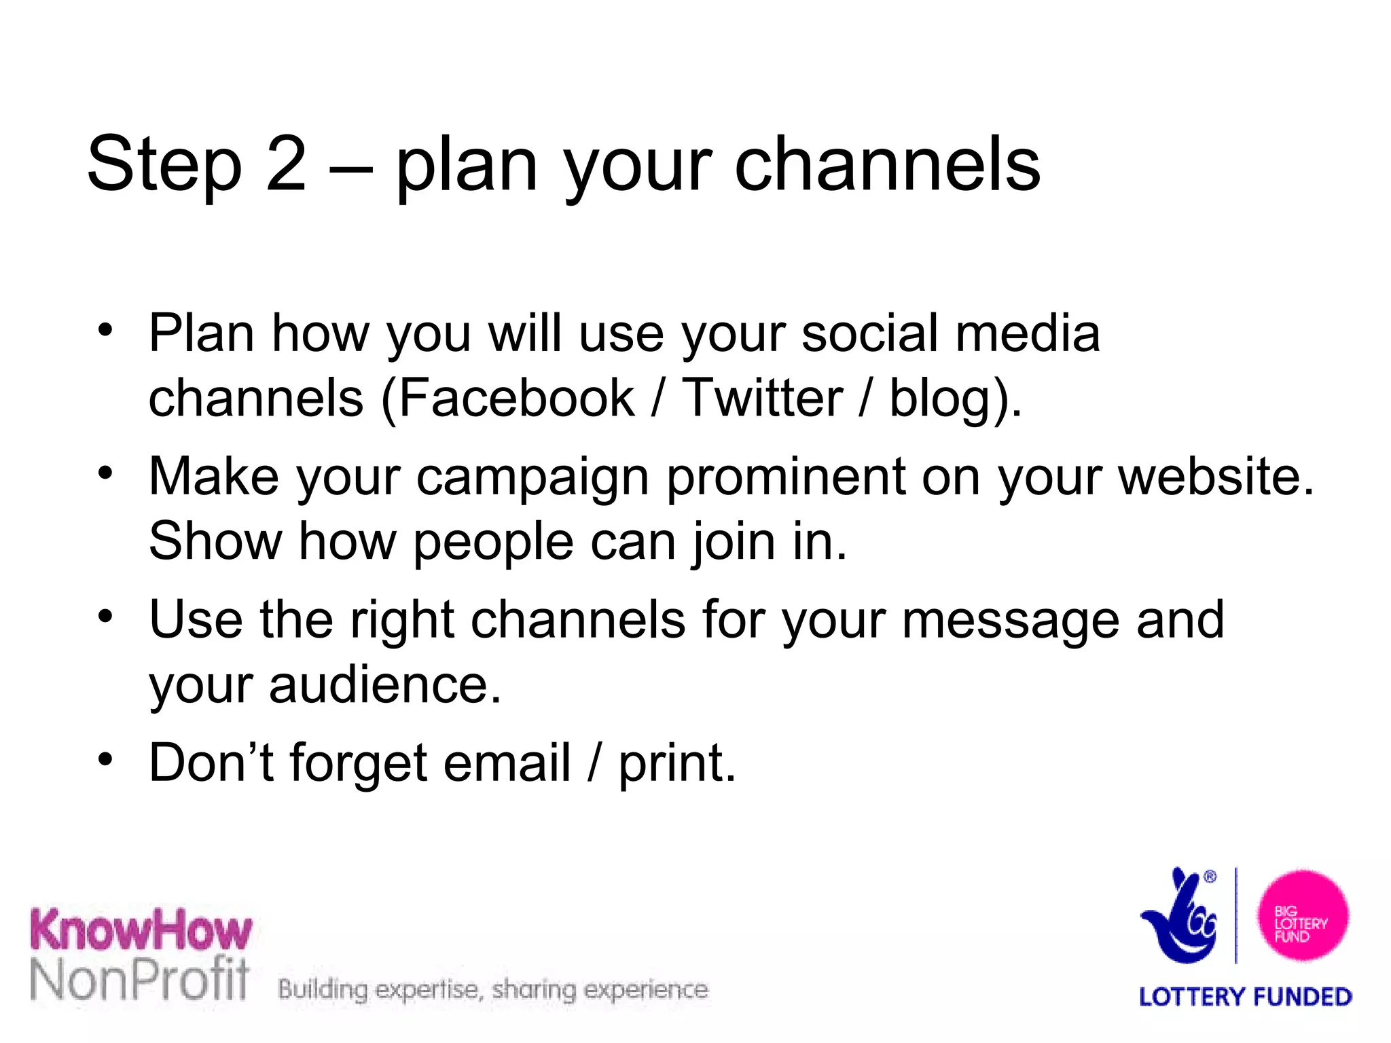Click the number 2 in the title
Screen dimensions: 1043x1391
[x=286, y=164]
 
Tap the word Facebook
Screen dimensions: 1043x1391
[x=516, y=398]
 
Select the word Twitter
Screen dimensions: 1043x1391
[x=762, y=398]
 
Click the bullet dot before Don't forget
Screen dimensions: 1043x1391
[x=105, y=758]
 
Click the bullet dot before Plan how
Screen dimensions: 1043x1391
[x=105, y=329]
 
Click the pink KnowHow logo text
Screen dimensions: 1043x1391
[x=141, y=930]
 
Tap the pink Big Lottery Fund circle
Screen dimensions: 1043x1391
[x=1302, y=916]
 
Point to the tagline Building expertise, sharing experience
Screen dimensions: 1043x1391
[x=493, y=990]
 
